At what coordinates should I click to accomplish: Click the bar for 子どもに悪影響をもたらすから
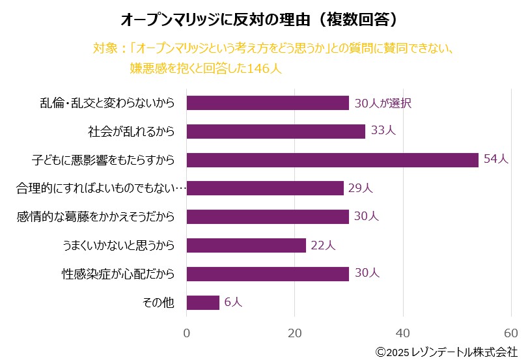(332, 159)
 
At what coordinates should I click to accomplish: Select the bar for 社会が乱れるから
(275, 131)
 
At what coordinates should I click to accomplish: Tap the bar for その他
(202, 302)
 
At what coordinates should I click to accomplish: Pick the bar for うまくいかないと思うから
(246, 245)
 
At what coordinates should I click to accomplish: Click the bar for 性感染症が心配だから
(268, 273)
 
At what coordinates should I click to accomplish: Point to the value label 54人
(496, 159)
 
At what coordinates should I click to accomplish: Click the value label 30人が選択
(383, 103)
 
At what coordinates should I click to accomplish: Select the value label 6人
(233, 302)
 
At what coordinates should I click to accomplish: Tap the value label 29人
(360, 188)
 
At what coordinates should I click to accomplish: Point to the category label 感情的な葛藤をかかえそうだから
(96, 217)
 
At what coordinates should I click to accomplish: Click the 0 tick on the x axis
(187, 333)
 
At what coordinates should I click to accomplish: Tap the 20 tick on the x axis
(295, 333)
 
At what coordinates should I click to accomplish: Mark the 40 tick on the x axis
(404, 333)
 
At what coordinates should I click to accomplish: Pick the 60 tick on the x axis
(511, 333)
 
